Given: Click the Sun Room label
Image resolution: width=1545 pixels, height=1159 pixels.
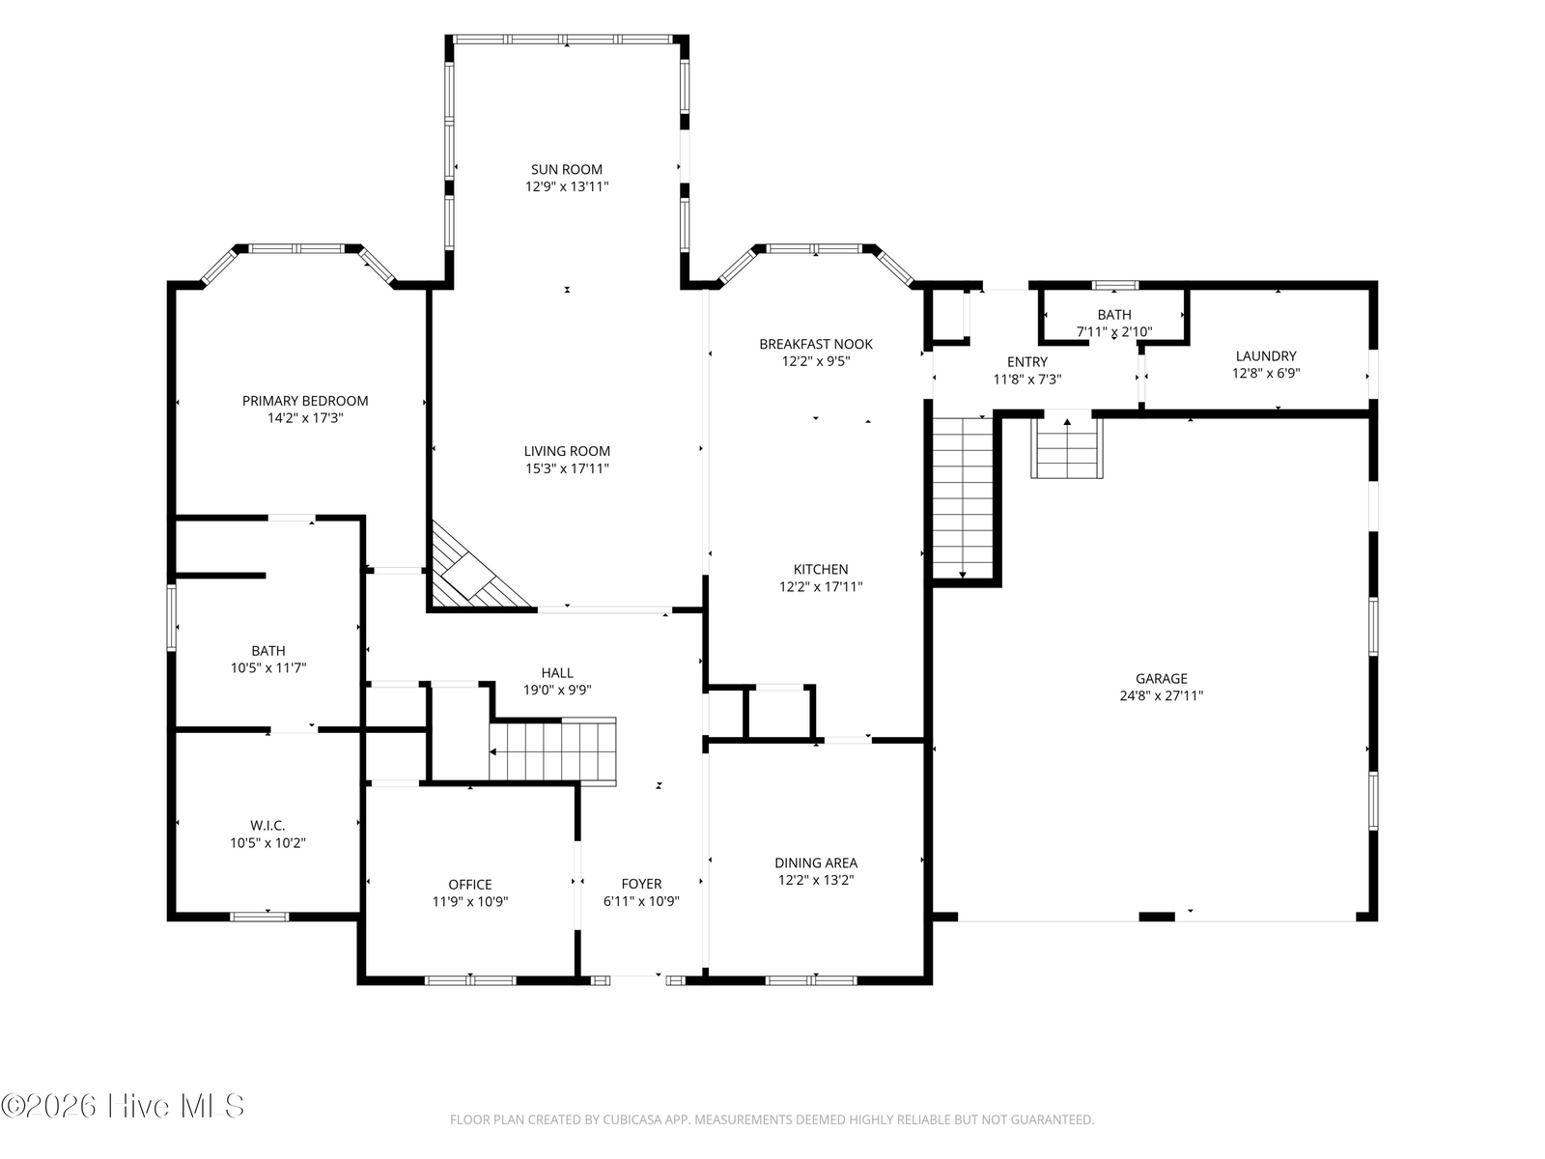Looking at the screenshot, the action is pyautogui.click(x=566, y=170).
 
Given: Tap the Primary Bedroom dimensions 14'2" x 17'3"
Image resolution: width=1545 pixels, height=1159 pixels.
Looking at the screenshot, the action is pyautogui.click(x=305, y=418).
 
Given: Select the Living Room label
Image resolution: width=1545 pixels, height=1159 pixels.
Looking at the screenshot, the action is pyautogui.click(x=567, y=451).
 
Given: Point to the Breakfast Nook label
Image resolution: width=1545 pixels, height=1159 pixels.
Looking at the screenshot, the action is pyautogui.click(x=816, y=344).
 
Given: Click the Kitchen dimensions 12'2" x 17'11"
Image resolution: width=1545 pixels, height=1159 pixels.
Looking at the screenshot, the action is pyautogui.click(x=821, y=587).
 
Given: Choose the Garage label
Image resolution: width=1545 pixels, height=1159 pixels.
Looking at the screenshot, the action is pyautogui.click(x=1162, y=678).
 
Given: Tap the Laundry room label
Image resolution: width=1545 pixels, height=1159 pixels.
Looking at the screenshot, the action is pyautogui.click(x=1266, y=356).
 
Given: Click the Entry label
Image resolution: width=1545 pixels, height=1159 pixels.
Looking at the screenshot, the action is pyautogui.click(x=1027, y=361).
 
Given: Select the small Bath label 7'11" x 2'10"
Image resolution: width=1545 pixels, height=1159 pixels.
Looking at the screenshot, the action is pyautogui.click(x=1114, y=323).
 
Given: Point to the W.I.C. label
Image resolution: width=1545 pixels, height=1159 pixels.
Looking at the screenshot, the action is pyautogui.click(x=267, y=826).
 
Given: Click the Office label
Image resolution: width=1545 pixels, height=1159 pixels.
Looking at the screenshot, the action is pyautogui.click(x=470, y=885).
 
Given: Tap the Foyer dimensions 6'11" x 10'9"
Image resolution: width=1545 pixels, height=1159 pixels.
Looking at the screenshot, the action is pyautogui.click(x=641, y=901).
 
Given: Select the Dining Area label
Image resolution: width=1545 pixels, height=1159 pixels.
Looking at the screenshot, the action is pyautogui.click(x=816, y=862).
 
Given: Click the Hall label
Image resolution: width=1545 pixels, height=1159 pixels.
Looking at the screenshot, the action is pyautogui.click(x=557, y=673).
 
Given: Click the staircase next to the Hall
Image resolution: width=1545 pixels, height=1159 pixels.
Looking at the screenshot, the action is pyautogui.click(x=552, y=750).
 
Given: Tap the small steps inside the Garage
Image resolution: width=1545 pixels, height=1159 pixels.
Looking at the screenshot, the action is pyautogui.click(x=1067, y=446).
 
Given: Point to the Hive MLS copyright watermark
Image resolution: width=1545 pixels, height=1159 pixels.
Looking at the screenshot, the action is pyautogui.click(x=123, y=1106).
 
